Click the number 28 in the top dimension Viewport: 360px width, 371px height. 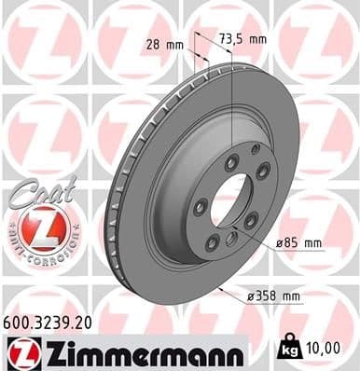[x=152, y=44]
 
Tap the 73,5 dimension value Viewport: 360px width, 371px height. [x=232, y=39]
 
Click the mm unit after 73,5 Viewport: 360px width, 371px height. [x=258, y=39]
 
